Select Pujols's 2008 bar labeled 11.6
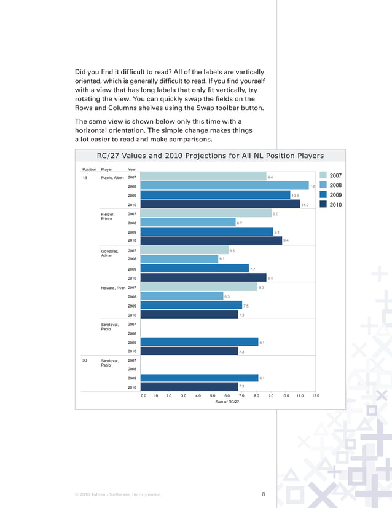tap(224, 186)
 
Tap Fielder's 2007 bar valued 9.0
tap(206, 213)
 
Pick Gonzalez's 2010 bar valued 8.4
tap(203, 278)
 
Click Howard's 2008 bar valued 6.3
tap(181, 296)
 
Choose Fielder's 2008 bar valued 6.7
tap(188, 223)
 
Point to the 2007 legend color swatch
tap(323, 176)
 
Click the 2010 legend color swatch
tap(323, 204)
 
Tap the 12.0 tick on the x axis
tap(315, 396)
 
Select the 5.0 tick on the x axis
tap(212, 396)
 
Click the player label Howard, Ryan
tap(112, 287)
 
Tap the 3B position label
tap(85, 360)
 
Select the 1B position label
tap(85, 177)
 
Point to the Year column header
tap(131, 169)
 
